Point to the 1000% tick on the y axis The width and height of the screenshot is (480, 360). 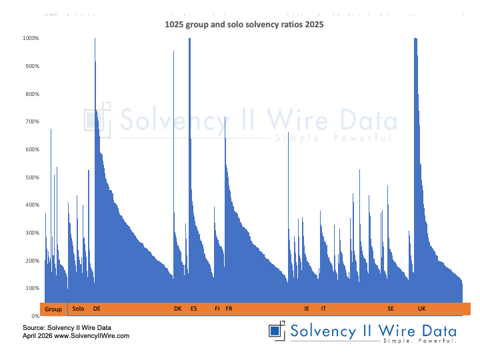tap(31, 38)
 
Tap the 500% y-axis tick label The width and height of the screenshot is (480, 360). tap(31, 177)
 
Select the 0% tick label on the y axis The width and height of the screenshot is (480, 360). tap(34, 316)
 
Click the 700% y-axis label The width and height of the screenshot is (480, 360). tap(31, 121)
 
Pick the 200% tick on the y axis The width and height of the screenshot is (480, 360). tap(31, 261)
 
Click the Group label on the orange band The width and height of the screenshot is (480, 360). tap(53, 309)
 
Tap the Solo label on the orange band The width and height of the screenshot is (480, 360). tap(78, 309)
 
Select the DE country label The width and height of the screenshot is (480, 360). tap(97, 309)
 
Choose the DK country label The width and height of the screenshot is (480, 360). tap(177, 309)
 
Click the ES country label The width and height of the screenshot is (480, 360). tap(193, 309)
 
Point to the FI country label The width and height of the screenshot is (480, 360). tap(217, 309)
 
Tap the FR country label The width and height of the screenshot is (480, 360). tap(229, 309)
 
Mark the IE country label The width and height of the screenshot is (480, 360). tap(307, 309)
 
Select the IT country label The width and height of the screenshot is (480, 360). tap(323, 309)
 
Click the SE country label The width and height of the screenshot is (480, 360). tap(391, 309)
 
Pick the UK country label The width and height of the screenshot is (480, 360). tap(421, 309)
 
